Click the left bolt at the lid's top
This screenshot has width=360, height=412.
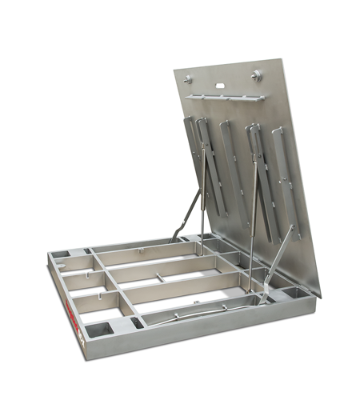(x=189, y=78)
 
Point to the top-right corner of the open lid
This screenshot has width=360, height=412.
(x=283, y=58)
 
